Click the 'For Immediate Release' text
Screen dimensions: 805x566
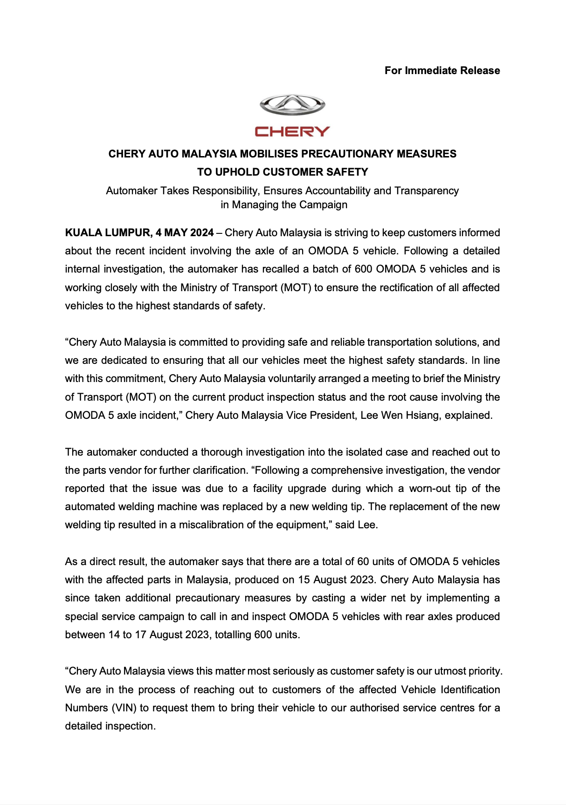(442, 70)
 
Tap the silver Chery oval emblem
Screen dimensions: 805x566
(292, 105)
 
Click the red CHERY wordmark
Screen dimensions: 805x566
(292, 132)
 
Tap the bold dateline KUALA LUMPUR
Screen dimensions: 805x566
(109, 232)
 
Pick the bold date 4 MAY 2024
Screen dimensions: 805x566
(185, 232)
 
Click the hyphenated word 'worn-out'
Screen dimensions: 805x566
(430, 488)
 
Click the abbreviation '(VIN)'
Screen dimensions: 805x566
(124, 708)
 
